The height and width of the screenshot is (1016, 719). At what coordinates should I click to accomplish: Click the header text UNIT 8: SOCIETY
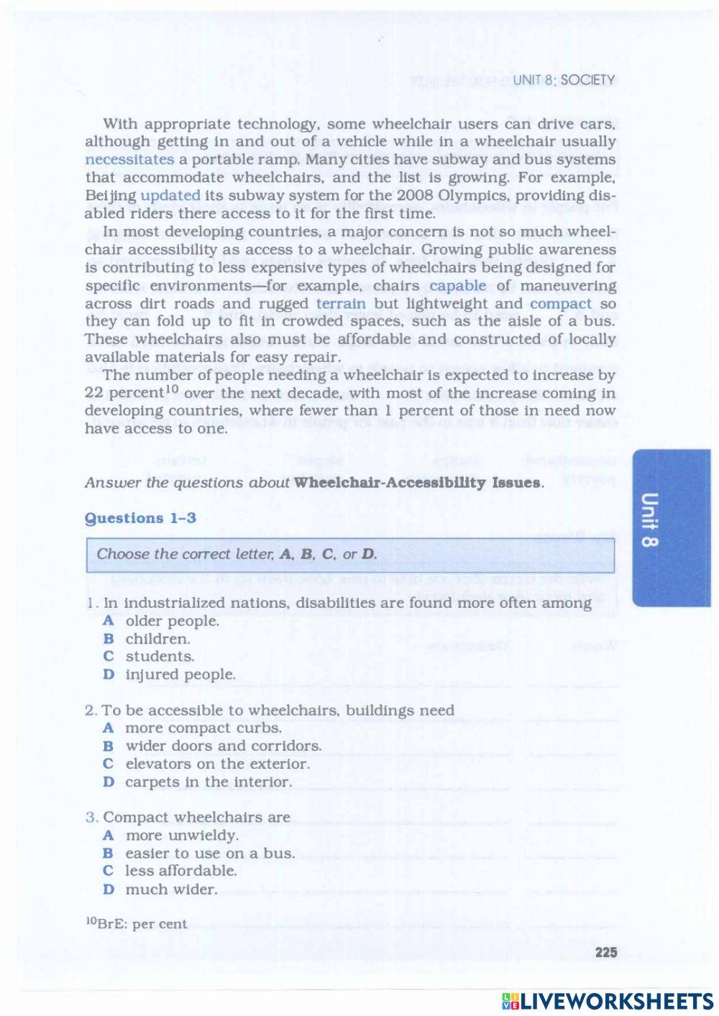pyautogui.click(x=564, y=80)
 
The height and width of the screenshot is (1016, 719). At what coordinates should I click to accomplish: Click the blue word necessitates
pyautogui.click(x=129, y=160)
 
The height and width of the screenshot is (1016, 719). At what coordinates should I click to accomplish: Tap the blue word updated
pyautogui.click(x=170, y=195)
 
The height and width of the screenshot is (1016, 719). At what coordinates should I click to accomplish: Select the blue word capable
pyautogui.click(x=457, y=285)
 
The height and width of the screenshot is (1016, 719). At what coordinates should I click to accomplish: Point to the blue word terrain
pyautogui.click(x=341, y=303)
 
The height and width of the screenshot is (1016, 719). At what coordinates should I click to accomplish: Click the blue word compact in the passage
pyautogui.click(x=561, y=303)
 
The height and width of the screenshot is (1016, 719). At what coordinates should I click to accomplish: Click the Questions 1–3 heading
pyautogui.click(x=140, y=518)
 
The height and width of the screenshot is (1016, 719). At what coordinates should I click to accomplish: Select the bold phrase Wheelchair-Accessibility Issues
pyautogui.click(x=417, y=483)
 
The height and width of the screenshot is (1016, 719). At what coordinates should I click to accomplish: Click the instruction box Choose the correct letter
pyautogui.click(x=350, y=555)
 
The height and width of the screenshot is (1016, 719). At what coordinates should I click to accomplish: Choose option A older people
pyautogui.click(x=171, y=621)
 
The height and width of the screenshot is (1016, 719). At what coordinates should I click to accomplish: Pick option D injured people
pyautogui.click(x=180, y=675)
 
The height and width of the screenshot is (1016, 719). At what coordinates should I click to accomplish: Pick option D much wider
pyautogui.click(x=170, y=890)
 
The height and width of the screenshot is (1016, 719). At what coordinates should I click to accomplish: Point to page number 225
pyautogui.click(x=606, y=952)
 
